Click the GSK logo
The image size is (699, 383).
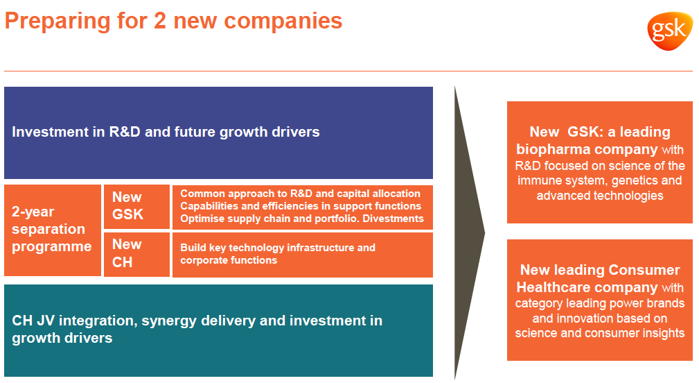670,31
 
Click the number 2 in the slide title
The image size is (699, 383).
159,21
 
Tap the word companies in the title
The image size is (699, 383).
283,22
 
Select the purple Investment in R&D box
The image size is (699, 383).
218,133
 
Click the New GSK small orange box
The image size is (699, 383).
137,207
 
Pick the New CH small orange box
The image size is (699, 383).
137,255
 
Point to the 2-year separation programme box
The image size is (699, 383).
53,230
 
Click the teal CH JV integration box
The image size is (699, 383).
218,330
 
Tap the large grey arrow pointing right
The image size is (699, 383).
469,232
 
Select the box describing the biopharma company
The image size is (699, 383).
600,162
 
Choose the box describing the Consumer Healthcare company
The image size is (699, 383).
600,300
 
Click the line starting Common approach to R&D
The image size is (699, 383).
301,194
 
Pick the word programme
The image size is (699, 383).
52,247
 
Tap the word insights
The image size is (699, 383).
664,334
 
